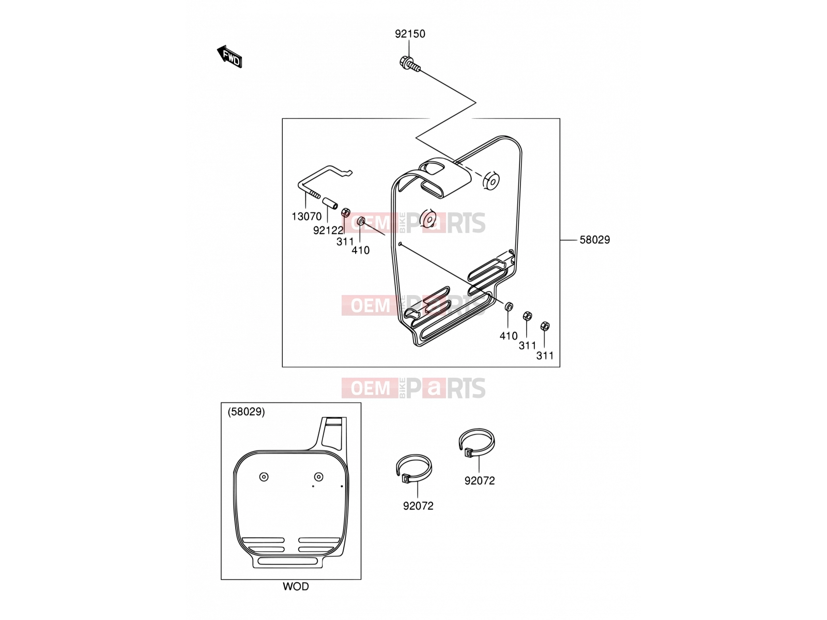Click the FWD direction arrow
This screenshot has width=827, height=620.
229,57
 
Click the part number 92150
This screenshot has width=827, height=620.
410,34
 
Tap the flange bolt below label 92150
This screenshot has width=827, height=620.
409,64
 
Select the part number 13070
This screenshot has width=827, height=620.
307,216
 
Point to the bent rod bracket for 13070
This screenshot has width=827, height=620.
320,181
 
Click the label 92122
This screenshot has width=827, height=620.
328,230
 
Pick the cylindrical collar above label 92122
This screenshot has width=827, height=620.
330,204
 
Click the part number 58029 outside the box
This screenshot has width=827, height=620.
594,240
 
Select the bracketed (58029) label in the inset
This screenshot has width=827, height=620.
246,412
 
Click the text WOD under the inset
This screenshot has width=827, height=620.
296,586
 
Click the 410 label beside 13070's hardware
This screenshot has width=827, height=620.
361,251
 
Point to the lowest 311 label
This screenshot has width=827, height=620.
545,355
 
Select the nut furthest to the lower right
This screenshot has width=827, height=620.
545,327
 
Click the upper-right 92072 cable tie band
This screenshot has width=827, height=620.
477,442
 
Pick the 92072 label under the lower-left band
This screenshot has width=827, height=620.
418,506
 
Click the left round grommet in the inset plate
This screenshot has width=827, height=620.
264,477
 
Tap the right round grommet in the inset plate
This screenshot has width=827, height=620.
319,477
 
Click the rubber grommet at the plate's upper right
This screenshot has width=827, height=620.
492,181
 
